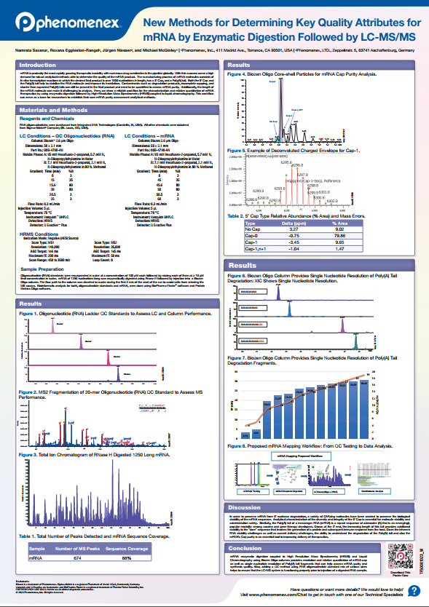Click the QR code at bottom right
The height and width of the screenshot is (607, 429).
coord(395,559)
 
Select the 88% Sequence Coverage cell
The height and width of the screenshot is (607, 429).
coord(125,558)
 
